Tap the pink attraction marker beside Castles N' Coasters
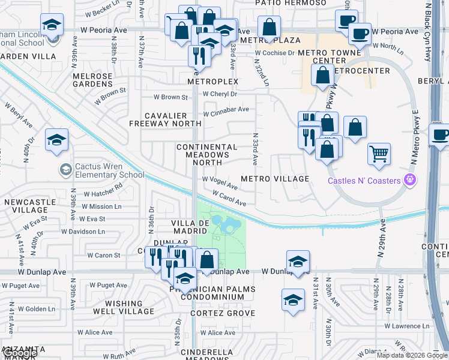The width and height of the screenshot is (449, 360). tap(411, 179)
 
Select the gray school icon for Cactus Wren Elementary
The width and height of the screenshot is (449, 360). tap(65, 170)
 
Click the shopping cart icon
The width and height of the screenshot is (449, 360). tap(379, 154)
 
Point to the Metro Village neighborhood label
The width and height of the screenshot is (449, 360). tap(275, 179)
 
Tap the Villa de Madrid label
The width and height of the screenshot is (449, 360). tap(190, 227)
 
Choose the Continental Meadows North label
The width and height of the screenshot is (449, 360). tap(206, 151)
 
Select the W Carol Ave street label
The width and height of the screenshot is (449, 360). tap(229, 198)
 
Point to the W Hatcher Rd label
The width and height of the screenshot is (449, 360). tap(103, 190)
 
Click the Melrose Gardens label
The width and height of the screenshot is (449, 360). tap(92, 80)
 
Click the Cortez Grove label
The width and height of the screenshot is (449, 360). tap(223, 313)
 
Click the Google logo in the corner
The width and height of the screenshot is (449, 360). tap(19, 353)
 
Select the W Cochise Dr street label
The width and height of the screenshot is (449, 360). tap(274, 53)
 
